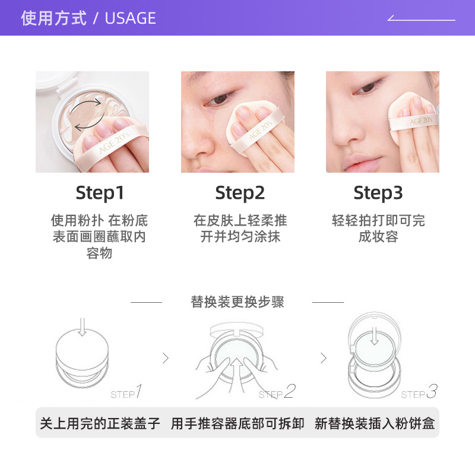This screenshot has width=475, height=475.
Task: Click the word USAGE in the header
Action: (130, 18)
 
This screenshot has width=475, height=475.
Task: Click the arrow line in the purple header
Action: (421, 19)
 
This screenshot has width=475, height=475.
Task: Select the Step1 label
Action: (100, 193)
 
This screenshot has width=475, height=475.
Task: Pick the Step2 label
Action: (240, 193)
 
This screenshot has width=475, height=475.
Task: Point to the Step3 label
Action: (378, 193)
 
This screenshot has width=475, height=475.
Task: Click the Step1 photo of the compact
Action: (92, 122)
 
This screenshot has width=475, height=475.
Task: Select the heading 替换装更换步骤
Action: (237, 302)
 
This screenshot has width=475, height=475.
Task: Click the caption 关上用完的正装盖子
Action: (100, 423)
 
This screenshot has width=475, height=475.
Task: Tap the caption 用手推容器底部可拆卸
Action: (237, 423)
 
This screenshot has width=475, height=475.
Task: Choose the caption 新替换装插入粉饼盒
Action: (375, 423)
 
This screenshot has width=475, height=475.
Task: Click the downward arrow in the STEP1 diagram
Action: (83, 326)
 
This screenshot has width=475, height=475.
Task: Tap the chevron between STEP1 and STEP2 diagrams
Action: (166, 358)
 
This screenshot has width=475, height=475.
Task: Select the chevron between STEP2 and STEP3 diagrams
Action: (324, 358)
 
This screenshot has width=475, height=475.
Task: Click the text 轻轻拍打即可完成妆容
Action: (378, 229)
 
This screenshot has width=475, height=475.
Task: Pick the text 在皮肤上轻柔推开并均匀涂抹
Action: (240, 229)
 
